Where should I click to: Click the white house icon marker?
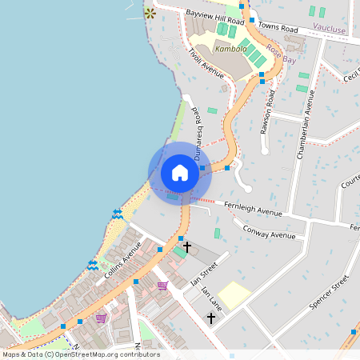[180, 173]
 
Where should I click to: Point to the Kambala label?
[209, 48]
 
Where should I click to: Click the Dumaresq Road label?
[195, 131]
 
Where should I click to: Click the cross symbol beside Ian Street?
[187, 247]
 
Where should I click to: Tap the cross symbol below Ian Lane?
[211, 318]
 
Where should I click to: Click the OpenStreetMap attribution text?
[80, 354]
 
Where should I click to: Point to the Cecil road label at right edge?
[350, 75]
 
